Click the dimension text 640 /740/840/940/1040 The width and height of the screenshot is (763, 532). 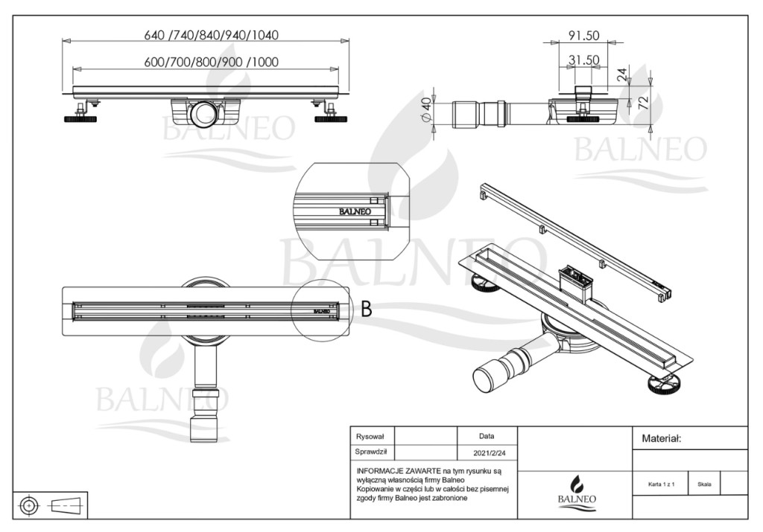[211, 35]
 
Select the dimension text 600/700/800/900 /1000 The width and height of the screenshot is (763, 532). [211, 63]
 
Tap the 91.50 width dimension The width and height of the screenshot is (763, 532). [583, 36]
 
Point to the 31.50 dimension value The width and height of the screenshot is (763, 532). [583, 60]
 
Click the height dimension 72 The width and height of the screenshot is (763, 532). [643, 103]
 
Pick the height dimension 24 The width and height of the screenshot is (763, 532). [622, 74]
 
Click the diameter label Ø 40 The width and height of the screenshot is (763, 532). [425, 111]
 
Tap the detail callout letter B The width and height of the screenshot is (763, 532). [367, 309]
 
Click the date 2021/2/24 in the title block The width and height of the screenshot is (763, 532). [489, 453]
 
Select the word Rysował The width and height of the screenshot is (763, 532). [370, 437]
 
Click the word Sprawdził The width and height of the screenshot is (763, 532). [371, 452]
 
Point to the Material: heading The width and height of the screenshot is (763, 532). [662, 439]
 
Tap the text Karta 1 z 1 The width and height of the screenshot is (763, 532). [662, 484]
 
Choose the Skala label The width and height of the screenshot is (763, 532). [704, 484]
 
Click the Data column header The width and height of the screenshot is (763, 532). [487, 436]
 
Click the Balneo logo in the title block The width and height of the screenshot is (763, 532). [577, 493]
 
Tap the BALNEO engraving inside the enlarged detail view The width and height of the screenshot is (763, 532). [355, 211]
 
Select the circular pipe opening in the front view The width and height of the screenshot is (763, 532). [205, 113]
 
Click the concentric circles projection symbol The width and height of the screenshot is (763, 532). [29, 506]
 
